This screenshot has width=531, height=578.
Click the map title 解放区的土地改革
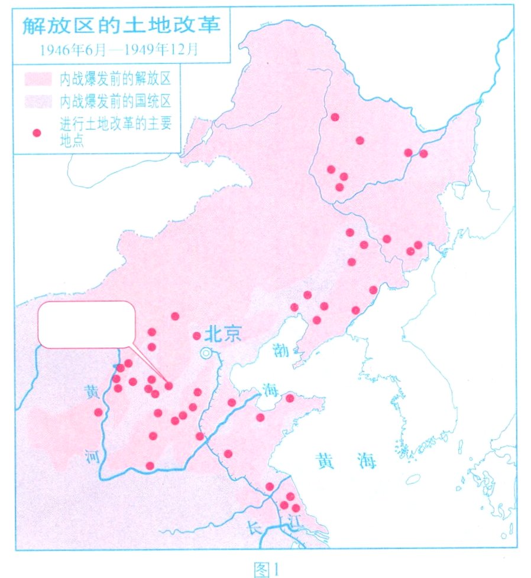pyautogui.click(x=121, y=27)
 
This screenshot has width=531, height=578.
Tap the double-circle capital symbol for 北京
pyautogui.click(x=205, y=353)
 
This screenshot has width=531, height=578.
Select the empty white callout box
pyautogui.click(x=86, y=324)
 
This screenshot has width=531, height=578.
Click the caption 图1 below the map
pyautogui.click(x=265, y=569)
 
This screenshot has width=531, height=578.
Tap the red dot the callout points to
pyautogui.click(x=169, y=386)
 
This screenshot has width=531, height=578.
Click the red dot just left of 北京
pyautogui.click(x=197, y=336)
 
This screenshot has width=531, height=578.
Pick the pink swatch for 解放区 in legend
pyautogui.click(x=37, y=78)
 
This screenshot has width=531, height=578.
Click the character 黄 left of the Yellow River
pyautogui.click(x=92, y=392)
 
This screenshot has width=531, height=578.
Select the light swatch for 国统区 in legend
pyautogui.click(x=37, y=100)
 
